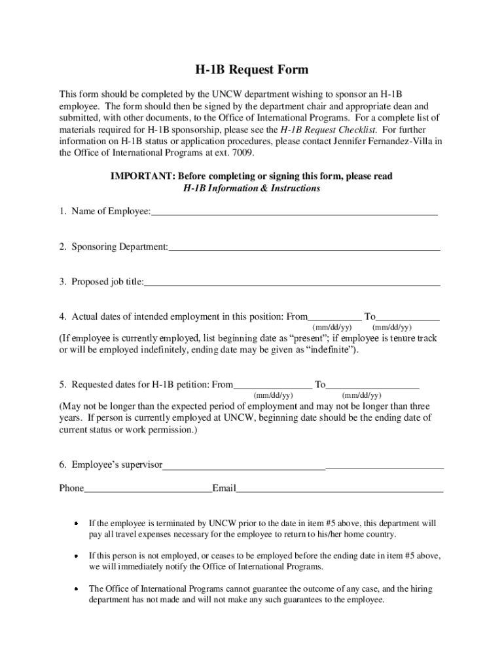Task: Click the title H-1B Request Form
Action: click(x=252, y=70)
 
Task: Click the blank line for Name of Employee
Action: click(x=295, y=211)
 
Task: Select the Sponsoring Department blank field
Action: click(x=304, y=247)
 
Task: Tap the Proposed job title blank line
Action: click(x=292, y=282)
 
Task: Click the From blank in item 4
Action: click(x=334, y=316)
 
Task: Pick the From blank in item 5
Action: click(x=273, y=385)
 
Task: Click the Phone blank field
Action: click(x=148, y=488)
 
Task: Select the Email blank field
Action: click(x=340, y=488)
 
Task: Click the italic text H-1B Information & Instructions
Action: click(x=252, y=188)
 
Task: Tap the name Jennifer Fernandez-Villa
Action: click(x=384, y=141)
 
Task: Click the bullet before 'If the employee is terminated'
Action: click(x=76, y=524)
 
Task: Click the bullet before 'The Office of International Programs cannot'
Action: click(x=76, y=588)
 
